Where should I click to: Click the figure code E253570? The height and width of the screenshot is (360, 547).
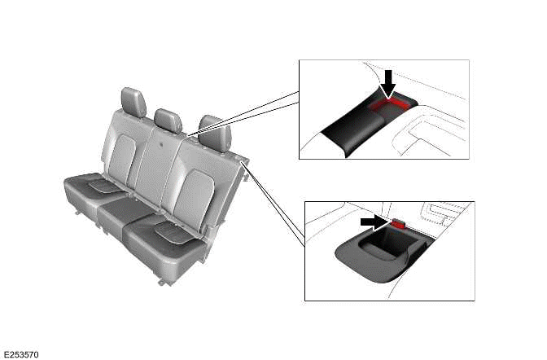(21, 354)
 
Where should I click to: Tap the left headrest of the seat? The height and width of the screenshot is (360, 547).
(133, 102)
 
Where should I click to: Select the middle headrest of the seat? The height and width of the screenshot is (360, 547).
(168, 120)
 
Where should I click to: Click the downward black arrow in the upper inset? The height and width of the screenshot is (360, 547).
(388, 82)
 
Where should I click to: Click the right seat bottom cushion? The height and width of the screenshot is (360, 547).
(167, 240)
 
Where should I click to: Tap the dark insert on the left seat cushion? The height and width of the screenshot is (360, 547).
(103, 186)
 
